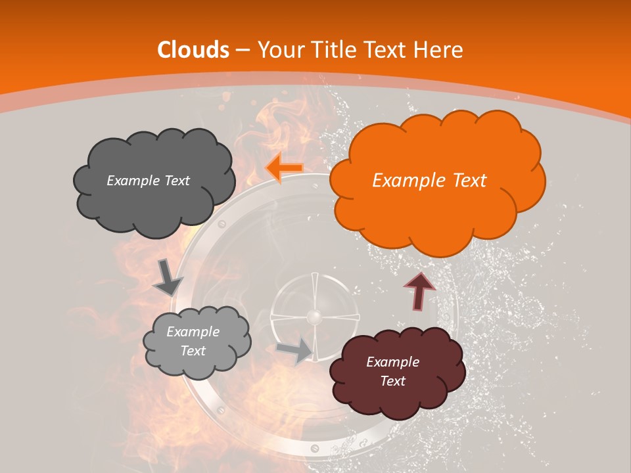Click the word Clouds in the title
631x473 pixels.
(x=193, y=50)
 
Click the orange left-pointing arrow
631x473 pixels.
(x=284, y=168)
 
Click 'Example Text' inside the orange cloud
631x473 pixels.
(x=429, y=181)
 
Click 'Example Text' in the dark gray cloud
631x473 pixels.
(x=148, y=181)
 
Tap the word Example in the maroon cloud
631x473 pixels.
(x=392, y=362)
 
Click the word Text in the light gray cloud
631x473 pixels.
(x=193, y=351)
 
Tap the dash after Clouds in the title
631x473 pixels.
(x=242, y=50)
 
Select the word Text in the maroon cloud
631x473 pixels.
(x=392, y=381)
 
